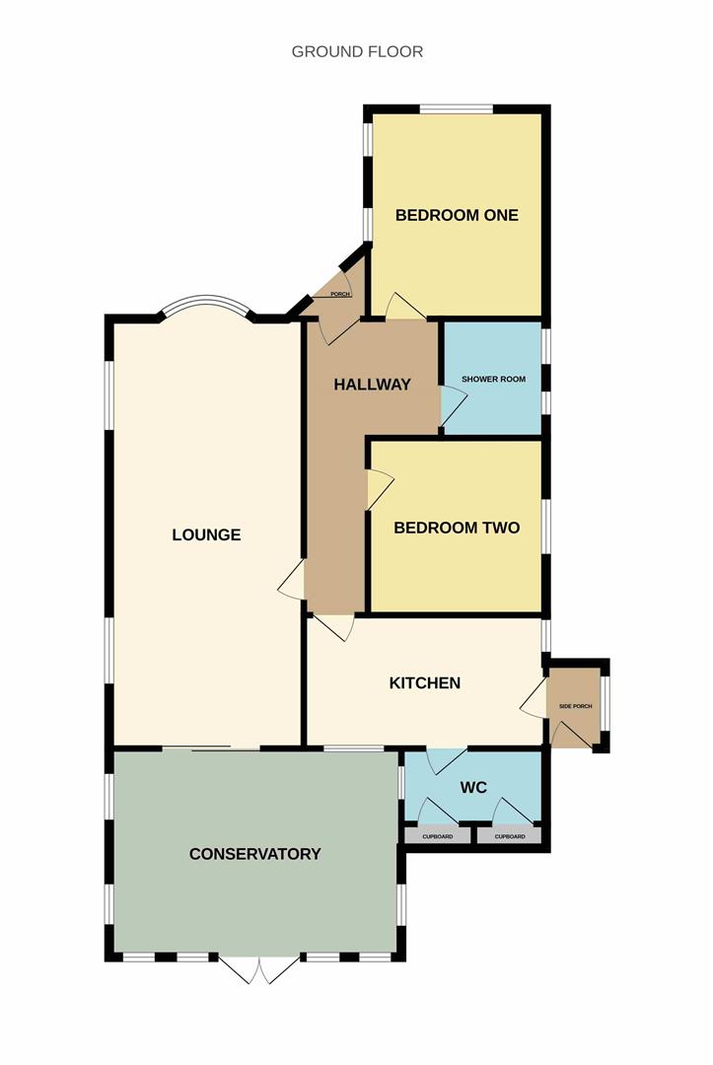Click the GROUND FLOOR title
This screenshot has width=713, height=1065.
tap(357, 51)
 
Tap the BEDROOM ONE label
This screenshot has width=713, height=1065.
tap(457, 215)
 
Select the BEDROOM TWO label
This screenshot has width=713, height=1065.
tap(457, 528)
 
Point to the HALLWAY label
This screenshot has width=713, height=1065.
tap(372, 385)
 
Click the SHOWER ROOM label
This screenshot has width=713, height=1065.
tap(494, 379)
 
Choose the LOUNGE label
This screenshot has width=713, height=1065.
tap(206, 535)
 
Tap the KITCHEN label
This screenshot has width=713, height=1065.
tap(425, 683)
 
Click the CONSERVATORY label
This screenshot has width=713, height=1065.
tap(254, 854)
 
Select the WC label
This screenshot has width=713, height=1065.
tap(473, 788)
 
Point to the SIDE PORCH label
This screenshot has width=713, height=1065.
tap(576, 706)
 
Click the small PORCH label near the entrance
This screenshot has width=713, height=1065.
tap(340, 294)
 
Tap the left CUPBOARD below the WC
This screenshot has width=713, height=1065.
tap(437, 837)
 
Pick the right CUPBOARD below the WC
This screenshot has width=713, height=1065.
tap(510, 837)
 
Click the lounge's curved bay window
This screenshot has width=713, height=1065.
tap(206, 300)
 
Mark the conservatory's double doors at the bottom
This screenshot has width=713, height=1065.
tap(260, 970)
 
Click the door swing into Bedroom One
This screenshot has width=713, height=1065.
tap(405, 307)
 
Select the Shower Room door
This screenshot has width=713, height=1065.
tap(453, 406)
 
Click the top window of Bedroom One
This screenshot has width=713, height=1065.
tap(456, 108)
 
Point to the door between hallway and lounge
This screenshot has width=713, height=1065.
tap(292, 582)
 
